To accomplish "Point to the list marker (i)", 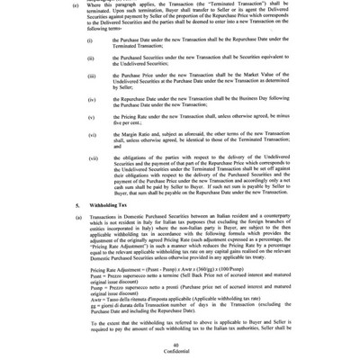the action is coord(88,40).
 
